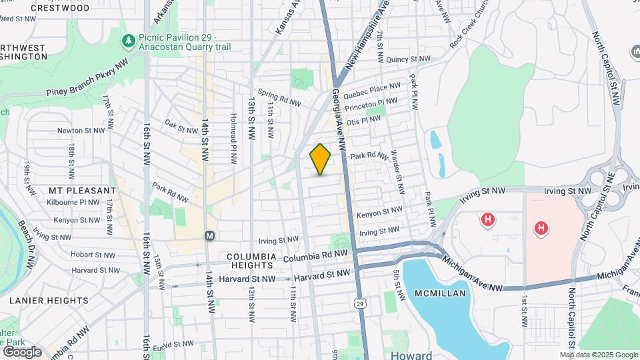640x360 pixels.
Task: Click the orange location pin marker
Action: click(x=320, y=159)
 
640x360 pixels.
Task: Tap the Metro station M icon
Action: click(x=209, y=235)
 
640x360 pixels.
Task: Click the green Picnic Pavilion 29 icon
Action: click(x=129, y=41)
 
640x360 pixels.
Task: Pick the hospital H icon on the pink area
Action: click(x=541, y=229)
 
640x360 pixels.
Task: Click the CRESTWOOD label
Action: click(x=60, y=8)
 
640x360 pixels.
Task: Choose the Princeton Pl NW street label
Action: click(x=375, y=104)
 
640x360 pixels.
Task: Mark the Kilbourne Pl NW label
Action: click(x=83, y=201)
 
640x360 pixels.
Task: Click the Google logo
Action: click(x=21, y=352)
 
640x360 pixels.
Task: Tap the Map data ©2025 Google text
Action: click(x=599, y=355)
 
